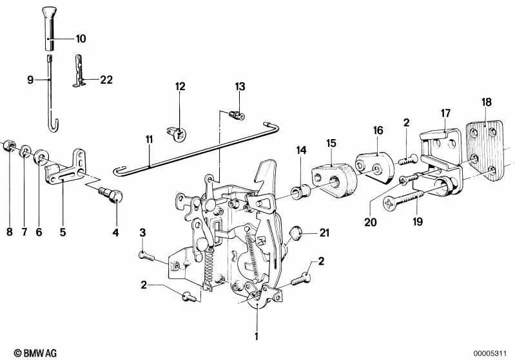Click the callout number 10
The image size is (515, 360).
tap(81, 39)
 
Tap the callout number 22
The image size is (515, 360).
tap(106, 80)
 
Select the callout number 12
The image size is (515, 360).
tap(179, 86)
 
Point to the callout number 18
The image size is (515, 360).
tap(487, 101)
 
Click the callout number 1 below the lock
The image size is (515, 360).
tap(256, 336)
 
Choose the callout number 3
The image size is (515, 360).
tap(143, 232)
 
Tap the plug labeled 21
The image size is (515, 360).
tap(294, 232)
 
